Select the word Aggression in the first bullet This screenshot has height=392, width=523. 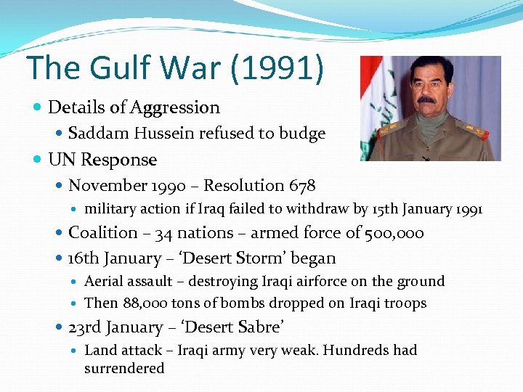coord(174,108)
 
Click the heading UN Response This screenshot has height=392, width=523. coord(102,160)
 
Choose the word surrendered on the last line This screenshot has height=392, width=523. coord(124,368)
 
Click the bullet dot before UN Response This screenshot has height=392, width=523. coord(38,160)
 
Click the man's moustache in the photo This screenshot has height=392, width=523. coord(428,100)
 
